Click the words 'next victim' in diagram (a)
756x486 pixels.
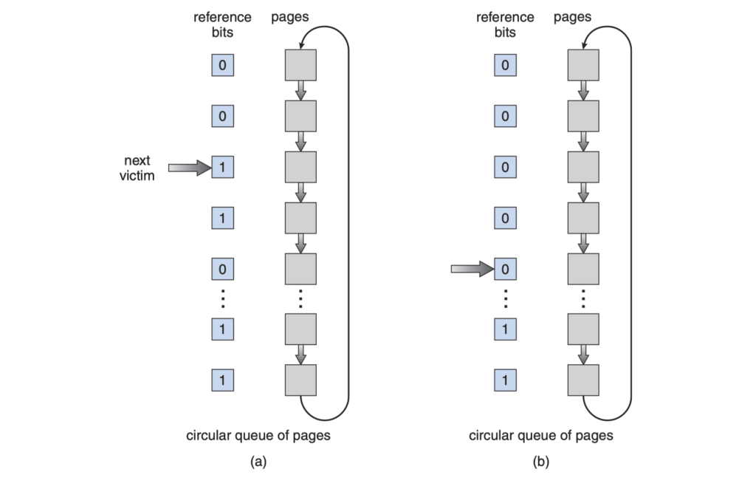point(137,168)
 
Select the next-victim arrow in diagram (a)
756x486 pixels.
point(190,168)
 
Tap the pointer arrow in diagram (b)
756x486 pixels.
point(472,270)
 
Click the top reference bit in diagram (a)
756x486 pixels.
point(222,65)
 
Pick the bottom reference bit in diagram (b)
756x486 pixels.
point(505,380)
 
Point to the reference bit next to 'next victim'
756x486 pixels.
point(222,167)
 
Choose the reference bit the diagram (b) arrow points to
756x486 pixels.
point(505,270)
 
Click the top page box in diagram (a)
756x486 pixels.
point(300,65)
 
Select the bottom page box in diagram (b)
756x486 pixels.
point(583,380)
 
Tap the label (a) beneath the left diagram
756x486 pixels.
point(258,462)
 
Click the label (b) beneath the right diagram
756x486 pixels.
point(541,462)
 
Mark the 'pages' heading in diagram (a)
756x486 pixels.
point(290,17)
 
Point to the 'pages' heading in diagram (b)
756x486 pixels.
point(573,17)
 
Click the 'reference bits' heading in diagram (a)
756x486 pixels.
point(222,24)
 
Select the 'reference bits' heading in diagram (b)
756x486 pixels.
point(505,24)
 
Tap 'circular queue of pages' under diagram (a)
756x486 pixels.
point(258,435)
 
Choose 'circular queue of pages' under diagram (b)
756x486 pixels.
point(541,435)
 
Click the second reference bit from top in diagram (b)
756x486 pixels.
point(505,116)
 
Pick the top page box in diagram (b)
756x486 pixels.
point(583,65)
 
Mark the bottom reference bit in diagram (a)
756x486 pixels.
point(222,380)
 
